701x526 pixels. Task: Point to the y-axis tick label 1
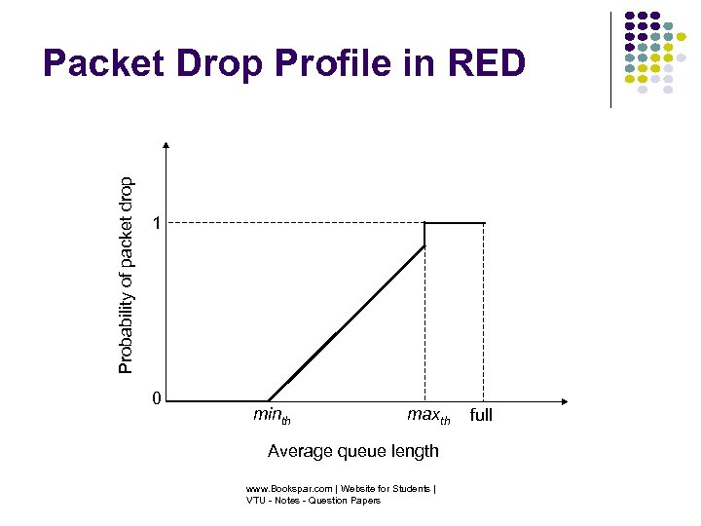(x=156, y=224)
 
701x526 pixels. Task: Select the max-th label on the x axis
(x=428, y=417)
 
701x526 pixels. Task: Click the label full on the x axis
(x=481, y=416)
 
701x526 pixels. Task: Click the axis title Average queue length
(x=352, y=451)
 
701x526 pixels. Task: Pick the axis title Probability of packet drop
(x=127, y=274)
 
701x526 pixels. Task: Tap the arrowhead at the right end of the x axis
(x=566, y=400)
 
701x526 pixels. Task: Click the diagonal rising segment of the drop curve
(x=346, y=323)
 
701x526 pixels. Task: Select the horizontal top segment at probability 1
(x=454, y=223)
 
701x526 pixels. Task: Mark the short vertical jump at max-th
(x=424, y=235)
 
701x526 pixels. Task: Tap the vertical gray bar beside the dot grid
(x=611, y=58)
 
